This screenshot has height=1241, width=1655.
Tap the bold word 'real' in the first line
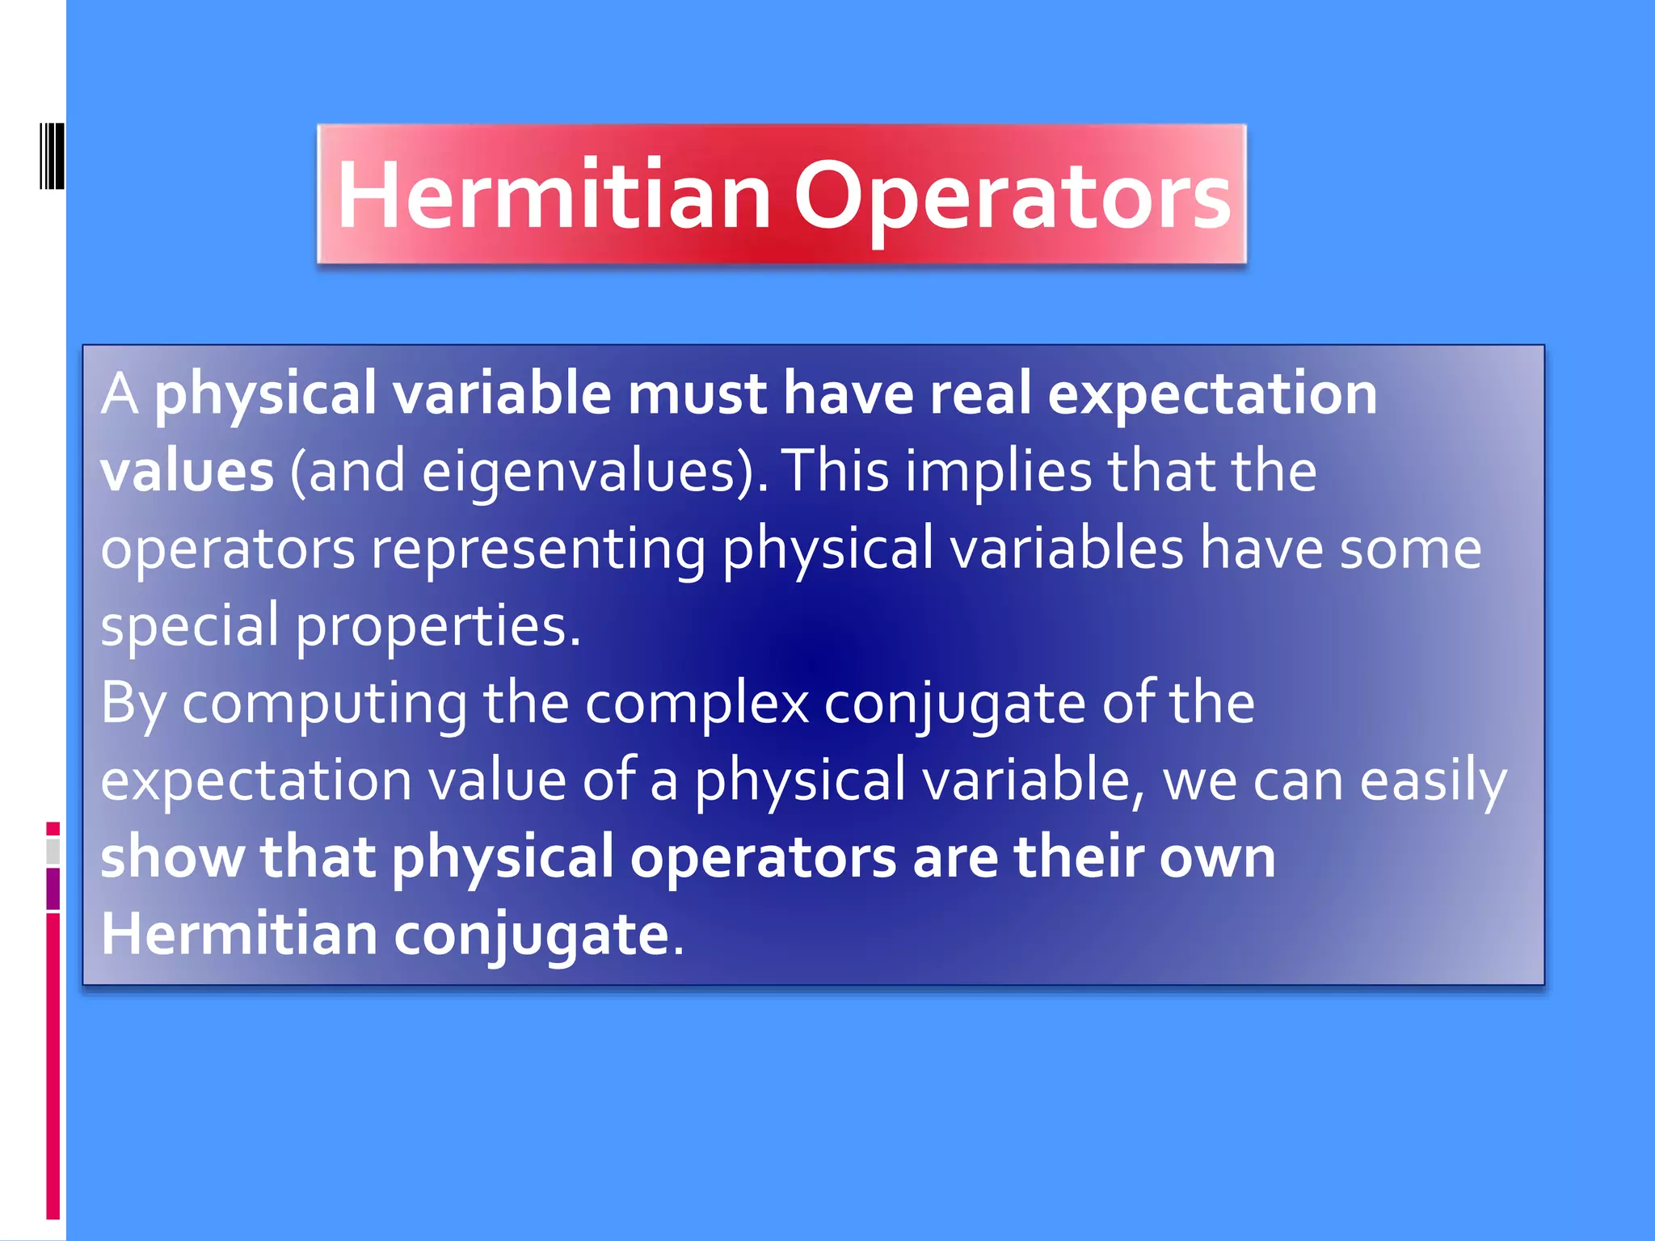point(979,394)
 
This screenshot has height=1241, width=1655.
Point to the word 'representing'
point(538,549)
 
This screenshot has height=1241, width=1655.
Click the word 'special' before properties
point(189,626)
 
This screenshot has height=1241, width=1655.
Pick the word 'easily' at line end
point(1433,781)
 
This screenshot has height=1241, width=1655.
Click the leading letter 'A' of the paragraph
point(120,394)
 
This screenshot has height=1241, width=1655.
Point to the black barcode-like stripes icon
point(52,156)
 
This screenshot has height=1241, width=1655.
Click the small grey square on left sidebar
point(53,851)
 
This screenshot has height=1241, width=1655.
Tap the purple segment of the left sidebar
point(53,889)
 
